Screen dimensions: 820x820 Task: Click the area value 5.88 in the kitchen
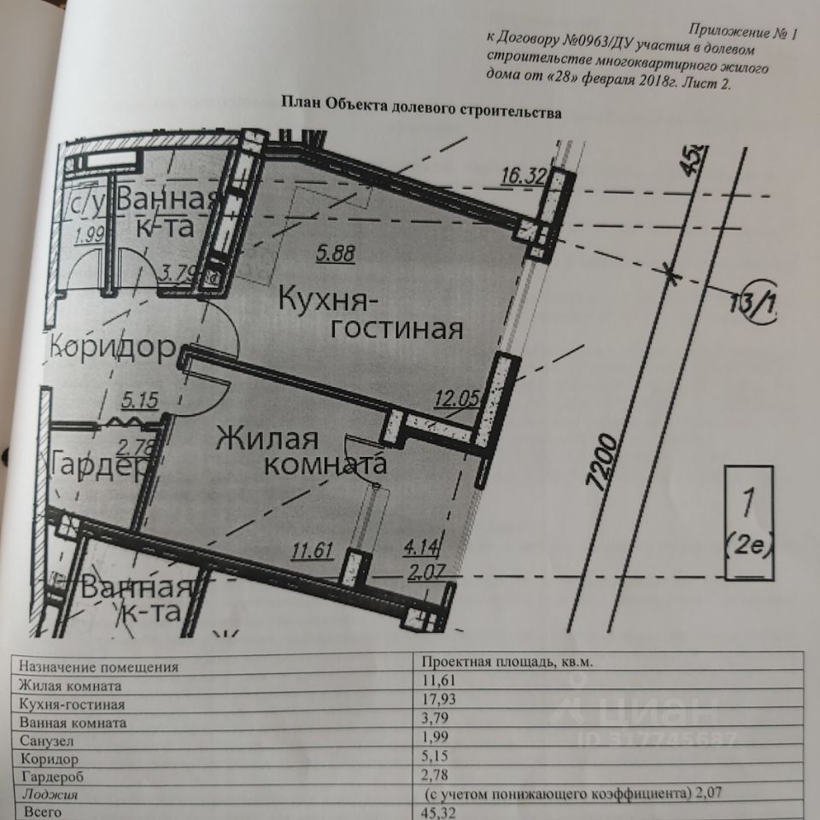335,253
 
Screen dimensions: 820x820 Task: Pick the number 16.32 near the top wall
523,177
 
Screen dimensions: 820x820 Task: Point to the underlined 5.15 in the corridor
140,398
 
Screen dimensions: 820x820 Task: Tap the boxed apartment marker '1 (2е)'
748,523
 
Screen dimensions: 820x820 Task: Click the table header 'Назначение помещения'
99,667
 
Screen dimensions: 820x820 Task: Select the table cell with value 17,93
441,704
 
